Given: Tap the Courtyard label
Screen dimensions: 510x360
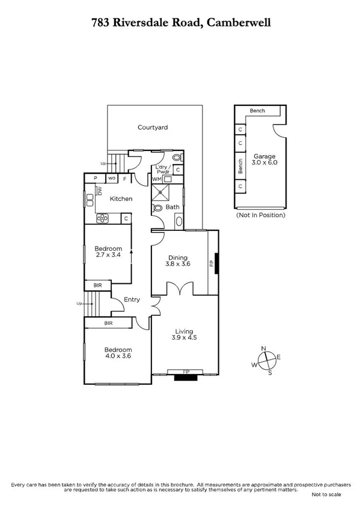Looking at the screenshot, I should [152, 127].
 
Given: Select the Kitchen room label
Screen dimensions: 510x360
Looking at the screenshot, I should [121, 198].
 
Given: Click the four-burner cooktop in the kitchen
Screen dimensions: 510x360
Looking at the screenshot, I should [103, 218].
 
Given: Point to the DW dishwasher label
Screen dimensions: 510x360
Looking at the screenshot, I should [100, 191].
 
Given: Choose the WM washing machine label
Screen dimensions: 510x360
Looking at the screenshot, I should [156, 179].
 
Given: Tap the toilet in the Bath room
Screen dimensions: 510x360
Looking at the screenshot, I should [157, 208].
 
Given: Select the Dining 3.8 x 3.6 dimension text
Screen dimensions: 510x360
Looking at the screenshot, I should [178, 263].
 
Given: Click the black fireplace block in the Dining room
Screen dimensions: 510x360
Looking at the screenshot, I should [216, 263].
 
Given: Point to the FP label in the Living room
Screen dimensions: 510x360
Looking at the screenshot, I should [186, 372].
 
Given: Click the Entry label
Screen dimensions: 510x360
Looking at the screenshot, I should [132, 300].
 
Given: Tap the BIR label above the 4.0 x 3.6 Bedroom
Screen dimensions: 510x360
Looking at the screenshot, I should [109, 324].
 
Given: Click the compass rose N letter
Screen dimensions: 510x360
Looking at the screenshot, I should [263, 349].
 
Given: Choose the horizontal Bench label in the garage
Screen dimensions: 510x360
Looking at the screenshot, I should [258, 111].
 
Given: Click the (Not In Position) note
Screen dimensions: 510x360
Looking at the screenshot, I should [260, 215].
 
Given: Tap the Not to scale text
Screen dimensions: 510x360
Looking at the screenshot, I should [326, 494].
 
